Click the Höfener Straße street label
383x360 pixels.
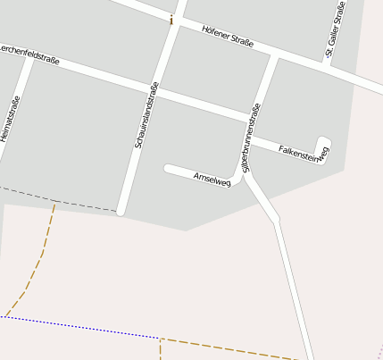pos(228,37)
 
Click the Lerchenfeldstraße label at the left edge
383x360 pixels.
pos(29,53)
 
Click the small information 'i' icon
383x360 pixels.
pos(171,18)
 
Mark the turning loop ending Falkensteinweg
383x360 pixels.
pos(323,146)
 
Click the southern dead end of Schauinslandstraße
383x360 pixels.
pos(121,211)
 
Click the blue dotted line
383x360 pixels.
pos(80,327)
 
